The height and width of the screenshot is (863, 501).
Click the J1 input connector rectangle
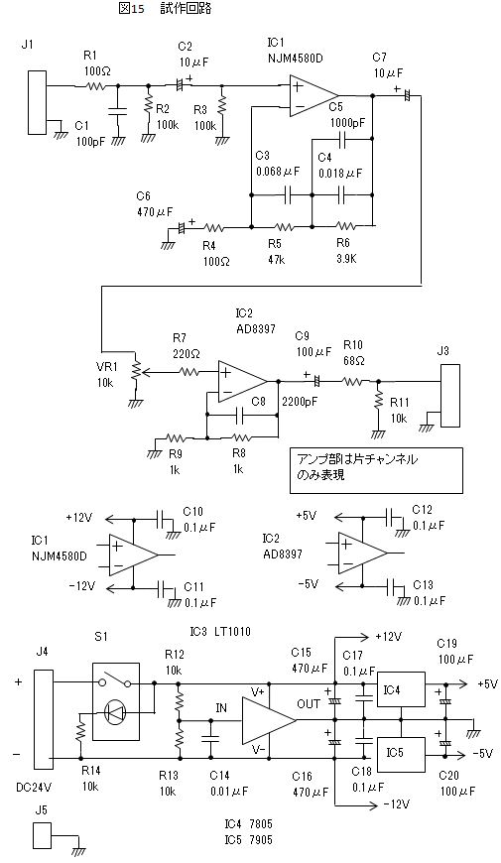coord(38,103)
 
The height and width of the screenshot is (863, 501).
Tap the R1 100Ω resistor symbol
coord(93,86)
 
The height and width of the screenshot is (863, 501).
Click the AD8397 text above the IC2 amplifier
coord(255,328)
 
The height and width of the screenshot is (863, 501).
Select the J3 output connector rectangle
coord(449,394)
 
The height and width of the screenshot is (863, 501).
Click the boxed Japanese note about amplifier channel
coord(376,470)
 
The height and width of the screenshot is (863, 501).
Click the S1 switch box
coord(116,701)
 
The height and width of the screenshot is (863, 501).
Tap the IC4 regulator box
coord(401,689)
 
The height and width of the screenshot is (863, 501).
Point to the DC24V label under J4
coord(34,787)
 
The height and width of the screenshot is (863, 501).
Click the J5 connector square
coord(42,835)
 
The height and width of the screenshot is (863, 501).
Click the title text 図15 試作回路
coord(165,9)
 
